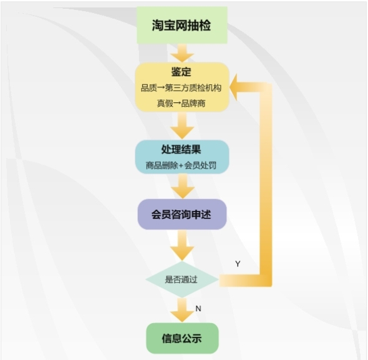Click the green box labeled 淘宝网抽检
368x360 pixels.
[x=182, y=25]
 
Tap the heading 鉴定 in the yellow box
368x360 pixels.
[x=181, y=72]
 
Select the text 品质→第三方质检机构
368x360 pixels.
[x=181, y=88]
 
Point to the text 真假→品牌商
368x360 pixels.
[x=181, y=103]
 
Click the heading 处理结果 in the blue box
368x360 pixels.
[x=181, y=149]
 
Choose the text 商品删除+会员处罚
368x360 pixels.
[x=181, y=165]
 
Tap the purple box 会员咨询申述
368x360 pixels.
[x=182, y=214]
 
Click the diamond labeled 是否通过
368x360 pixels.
[x=182, y=280]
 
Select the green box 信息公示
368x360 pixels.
[x=182, y=338]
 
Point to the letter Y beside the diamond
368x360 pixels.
[x=238, y=264]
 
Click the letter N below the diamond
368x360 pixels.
[x=198, y=309]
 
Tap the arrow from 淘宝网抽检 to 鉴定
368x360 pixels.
[x=182, y=53]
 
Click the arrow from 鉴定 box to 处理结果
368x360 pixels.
[x=182, y=125]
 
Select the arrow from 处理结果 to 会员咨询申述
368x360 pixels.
[x=183, y=186]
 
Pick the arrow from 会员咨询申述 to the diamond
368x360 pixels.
[x=182, y=246]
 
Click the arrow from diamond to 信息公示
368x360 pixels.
[x=182, y=310]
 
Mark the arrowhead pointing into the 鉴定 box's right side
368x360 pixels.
[x=233, y=87]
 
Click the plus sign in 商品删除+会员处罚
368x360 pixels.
[x=181, y=165]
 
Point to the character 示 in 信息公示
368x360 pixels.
[x=196, y=338]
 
